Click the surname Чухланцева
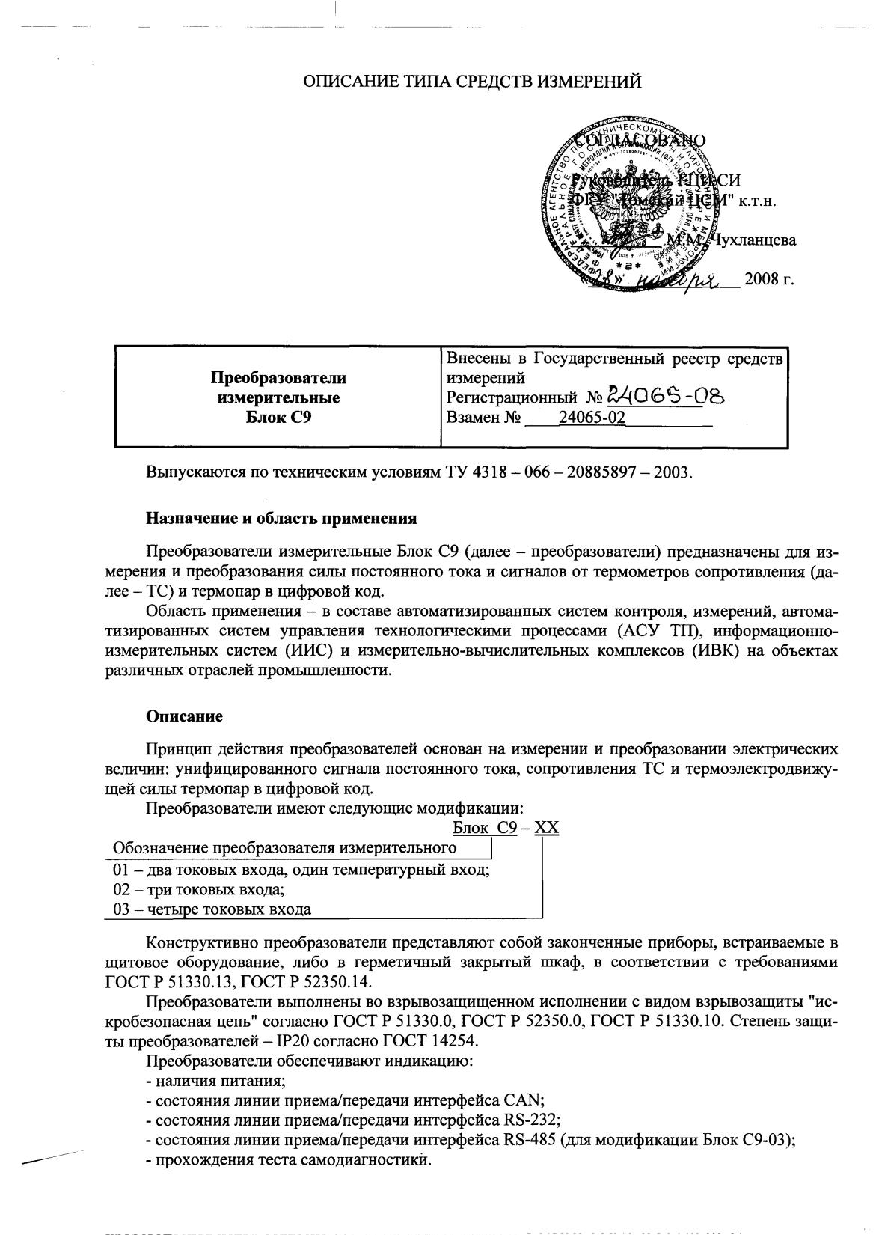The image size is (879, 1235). click(753, 240)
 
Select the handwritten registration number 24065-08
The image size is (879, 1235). click(667, 397)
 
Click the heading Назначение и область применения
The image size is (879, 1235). click(281, 518)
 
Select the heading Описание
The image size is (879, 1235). click(184, 717)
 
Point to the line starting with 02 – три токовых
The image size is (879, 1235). click(198, 890)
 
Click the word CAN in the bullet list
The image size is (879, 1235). click(524, 1101)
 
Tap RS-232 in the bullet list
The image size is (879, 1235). click(527, 1120)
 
